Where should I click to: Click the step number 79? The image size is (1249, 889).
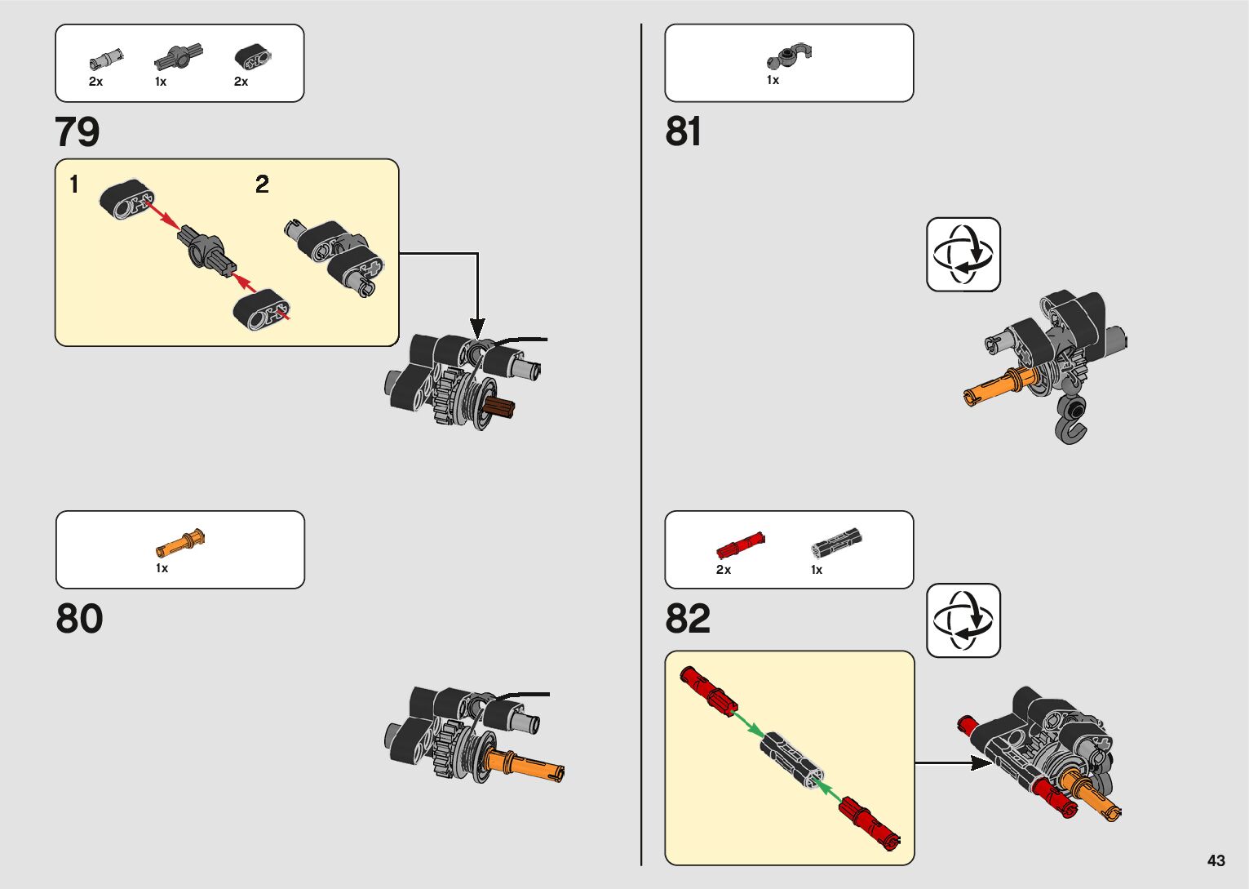(x=78, y=131)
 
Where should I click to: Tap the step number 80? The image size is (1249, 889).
(x=79, y=619)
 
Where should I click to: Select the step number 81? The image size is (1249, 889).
(x=683, y=131)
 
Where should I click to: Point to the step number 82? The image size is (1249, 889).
(x=688, y=619)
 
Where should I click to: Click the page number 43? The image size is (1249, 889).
(x=1216, y=860)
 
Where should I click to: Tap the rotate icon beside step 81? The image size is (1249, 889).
(x=963, y=254)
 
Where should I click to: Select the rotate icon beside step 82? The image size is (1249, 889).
(x=963, y=620)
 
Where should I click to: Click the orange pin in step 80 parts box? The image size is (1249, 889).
(x=180, y=542)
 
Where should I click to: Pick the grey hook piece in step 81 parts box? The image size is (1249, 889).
(x=789, y=56)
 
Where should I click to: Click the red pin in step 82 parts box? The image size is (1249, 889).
(x=740, y=544)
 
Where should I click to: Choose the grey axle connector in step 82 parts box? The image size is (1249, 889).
(x=835, y=542)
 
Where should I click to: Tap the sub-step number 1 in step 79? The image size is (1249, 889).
(x=74, y=184)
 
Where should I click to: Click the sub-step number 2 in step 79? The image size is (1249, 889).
(x=262, y=184)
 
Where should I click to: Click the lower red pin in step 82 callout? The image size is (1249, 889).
(x=870, y=820)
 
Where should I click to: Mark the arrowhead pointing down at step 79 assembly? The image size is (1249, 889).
(x=477, y=329)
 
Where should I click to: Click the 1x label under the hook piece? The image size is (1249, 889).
(x=773, y=80)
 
